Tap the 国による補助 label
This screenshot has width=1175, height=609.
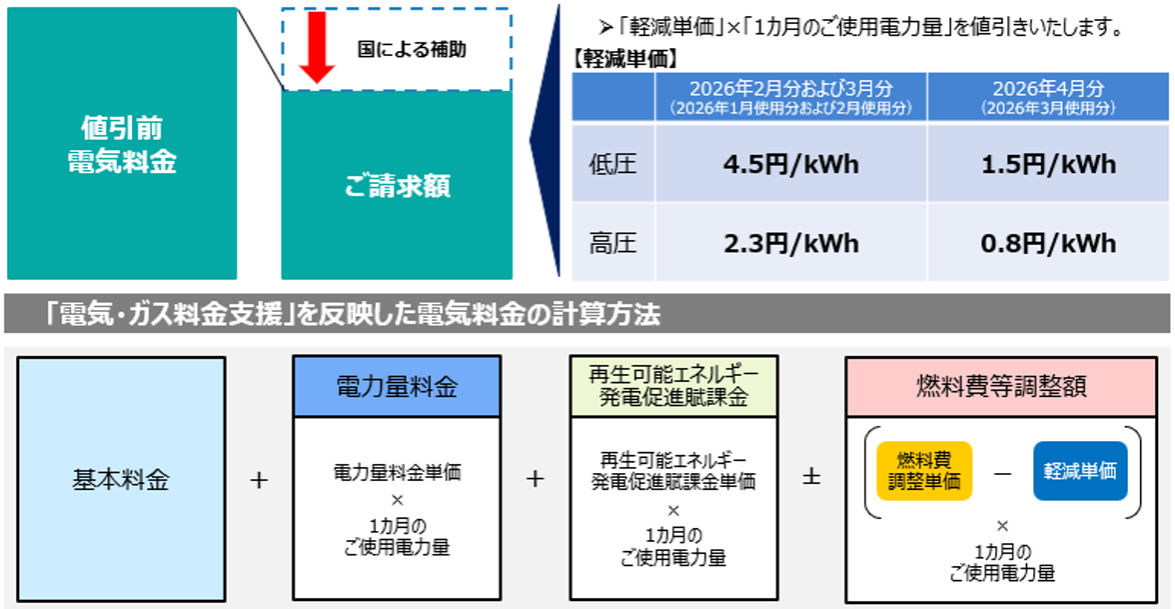click(x=412, y=49)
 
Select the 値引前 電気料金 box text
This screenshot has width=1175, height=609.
click(x=122, y=144)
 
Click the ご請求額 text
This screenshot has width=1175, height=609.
click(x=397, y=186)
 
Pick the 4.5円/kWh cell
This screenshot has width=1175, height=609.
click(x=790, y=164)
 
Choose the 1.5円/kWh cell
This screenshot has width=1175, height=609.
click(x=1048, y=164)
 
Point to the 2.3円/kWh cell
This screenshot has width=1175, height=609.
click(x=790, y=243)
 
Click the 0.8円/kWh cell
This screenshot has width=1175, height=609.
click(x=1048, y=243)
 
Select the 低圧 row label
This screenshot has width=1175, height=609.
click(x=612, y=164)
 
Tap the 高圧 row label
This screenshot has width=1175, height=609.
click(x=612, y=243)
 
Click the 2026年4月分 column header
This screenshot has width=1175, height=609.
click(x=1048, y=96)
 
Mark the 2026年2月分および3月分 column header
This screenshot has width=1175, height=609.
click(x=790, y=96)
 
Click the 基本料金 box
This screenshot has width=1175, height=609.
click(x=121, y=479)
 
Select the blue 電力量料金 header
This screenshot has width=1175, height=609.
click(x=396, y=386)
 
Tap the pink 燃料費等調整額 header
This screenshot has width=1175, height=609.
click(x=1002, y=386)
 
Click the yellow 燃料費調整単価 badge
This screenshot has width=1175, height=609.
click(x=923, y=470)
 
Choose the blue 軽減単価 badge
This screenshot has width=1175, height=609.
click(x=1080, y=470)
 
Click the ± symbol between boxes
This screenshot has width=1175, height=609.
click(x=811, y=478)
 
